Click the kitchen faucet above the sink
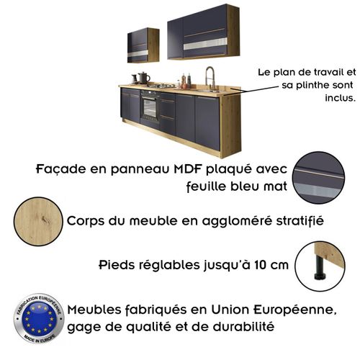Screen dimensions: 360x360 (210, 76)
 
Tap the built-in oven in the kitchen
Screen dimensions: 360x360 (150, 107)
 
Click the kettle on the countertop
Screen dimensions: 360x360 (143, 77)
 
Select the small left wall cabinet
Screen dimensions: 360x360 (143, 45)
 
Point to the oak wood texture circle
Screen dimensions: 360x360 (33, 219)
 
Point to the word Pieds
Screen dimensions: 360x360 (117, 264)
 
